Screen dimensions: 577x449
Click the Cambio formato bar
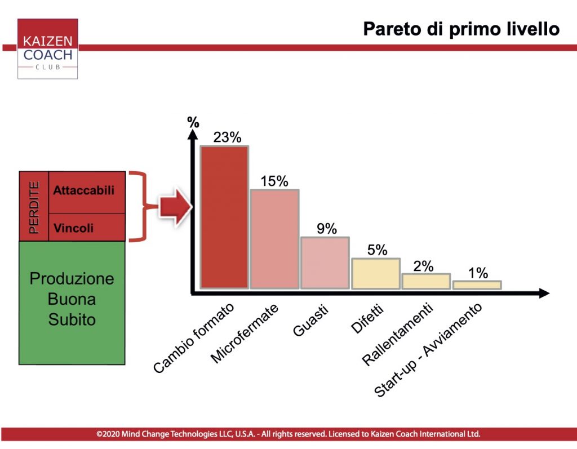pyautogui.click(x=224, y=217)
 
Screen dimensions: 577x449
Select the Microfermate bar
pyautogui.click(x=274, y=239)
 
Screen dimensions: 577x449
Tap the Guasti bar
pyautogui.click(x=325, y=263)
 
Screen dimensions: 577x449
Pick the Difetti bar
pyautogui.click(x=376, y=273)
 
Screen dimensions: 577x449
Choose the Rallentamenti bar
pyautogui.click(x=426, y=281)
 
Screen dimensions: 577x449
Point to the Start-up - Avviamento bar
pyautogui.click(x=477, y=285)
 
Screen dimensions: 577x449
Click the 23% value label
pyautogui.click(x=228, y=137)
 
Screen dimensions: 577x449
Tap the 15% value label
pyautogui.click(x=274, y=181)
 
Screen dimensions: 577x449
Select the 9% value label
pyautogui.click(x=327, y=229)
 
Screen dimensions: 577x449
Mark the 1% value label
pyautogui.click(x=478, y=273)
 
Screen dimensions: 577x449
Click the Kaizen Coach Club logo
pyautogui.click(x=47, y=48)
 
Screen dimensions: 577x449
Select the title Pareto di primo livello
pyautogui.click(x=461, y=29)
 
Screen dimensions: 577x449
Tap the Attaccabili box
pyautogui.click(x=87, y=192)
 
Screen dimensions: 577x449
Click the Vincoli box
pyautogui.click(x=87, y=228)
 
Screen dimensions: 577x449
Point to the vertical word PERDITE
pyautogui.click(x=34, y=207)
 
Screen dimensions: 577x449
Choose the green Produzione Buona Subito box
pyautogui.click(x=72, y=303)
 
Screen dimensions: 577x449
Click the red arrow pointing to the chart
pyautogui.click(x=175, y=206)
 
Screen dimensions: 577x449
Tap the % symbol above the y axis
pyautogui.click(x=193, y=122)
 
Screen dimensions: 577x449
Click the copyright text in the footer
pyautogui.click(x=288, y=434)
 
